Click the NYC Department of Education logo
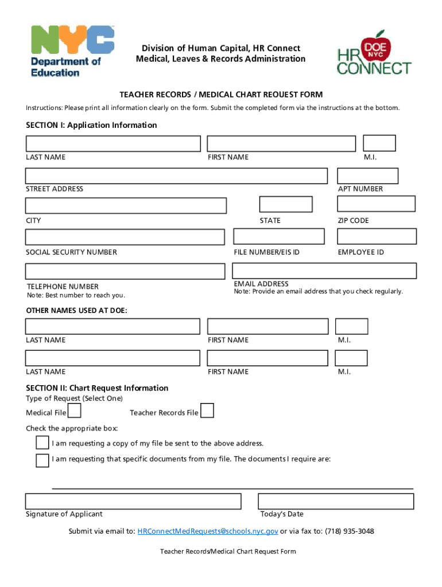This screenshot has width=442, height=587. point(72,51)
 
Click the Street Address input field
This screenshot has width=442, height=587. point(176,176)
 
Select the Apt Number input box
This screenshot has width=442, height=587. point(367,176)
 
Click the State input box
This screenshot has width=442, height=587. point(285,204)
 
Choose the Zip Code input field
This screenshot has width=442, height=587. point(376,204)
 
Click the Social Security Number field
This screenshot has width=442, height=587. point(125,237)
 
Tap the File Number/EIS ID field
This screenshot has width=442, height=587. point(279,236)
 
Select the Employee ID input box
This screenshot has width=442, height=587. point(377,236)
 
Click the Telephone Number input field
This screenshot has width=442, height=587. point(125,271)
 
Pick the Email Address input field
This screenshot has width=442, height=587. point(324,271)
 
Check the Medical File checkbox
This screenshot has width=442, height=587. point(74,411)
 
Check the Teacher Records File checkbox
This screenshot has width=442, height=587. point(207,410)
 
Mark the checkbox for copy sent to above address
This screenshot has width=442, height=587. point(42,443)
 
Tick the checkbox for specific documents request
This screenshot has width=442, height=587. point(42,460)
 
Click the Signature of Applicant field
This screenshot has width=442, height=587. point(133,501)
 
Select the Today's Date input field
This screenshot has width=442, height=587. point(336,501)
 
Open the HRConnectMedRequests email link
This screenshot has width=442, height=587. point(208,531)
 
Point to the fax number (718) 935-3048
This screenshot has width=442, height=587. point(349,531)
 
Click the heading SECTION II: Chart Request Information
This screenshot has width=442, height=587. point(97,388)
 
